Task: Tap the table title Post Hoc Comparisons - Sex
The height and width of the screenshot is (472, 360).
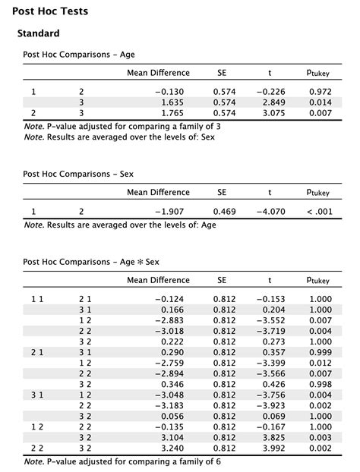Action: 78,175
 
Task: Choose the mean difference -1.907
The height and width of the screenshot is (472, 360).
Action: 171,212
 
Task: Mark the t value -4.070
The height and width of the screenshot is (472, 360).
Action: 270,212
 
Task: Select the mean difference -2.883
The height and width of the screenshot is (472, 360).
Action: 171,320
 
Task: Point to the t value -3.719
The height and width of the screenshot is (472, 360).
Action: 270,331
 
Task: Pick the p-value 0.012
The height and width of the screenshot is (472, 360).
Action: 321,363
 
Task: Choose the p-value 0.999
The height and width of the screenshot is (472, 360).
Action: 321,352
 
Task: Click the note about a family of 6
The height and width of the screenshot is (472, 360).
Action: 122,461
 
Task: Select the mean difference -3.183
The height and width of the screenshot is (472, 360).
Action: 171,405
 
